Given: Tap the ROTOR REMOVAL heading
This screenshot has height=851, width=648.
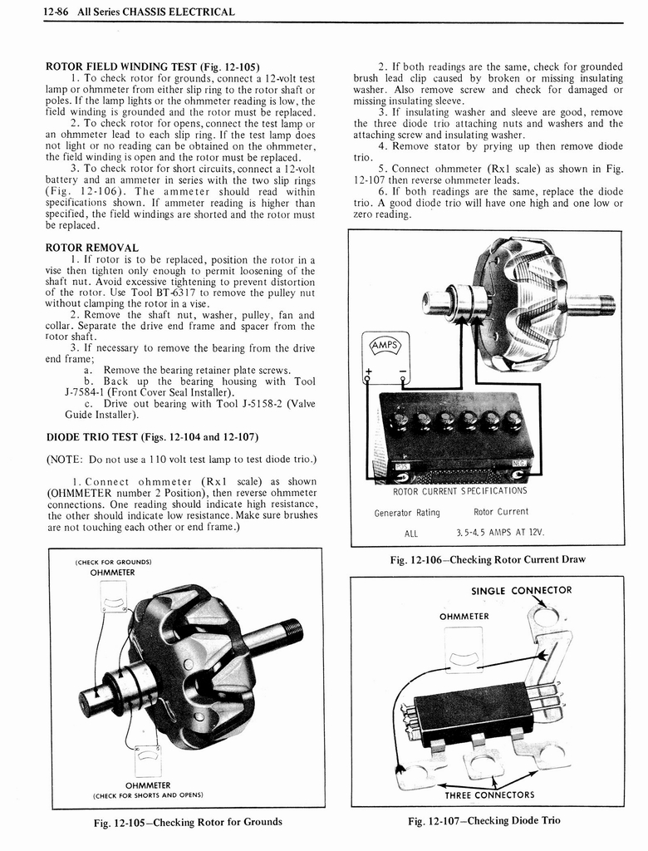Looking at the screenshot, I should [x=91, y=248].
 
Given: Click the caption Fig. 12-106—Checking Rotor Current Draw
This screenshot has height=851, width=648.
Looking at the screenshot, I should [x=488, y=559].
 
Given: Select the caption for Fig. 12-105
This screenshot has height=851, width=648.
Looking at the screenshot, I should [x=187, y=822].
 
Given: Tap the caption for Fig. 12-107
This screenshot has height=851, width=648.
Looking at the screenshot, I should [x=484, y=820].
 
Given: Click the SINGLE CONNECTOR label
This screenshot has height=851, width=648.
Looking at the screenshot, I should [x=521, y=591].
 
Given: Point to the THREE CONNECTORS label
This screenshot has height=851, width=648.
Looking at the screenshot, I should [x=489, y=794].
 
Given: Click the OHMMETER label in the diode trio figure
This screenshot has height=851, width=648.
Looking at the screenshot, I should [x=464, y=617].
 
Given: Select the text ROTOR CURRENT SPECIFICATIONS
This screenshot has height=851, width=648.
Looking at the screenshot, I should [x=459, y=490].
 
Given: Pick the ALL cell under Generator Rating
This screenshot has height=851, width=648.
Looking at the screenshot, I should [x=410, y=534].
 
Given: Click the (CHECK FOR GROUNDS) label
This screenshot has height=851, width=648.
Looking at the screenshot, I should [x=113, y=562].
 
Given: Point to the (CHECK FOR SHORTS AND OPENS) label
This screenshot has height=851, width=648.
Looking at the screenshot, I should [x=148, y=794].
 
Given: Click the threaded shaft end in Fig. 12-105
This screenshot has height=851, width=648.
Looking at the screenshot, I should [x=292, y=629].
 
